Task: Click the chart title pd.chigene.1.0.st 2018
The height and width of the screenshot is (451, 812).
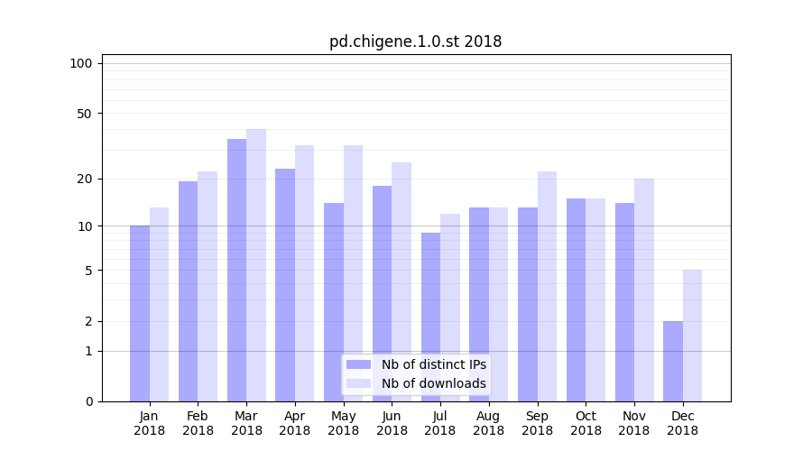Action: point(415,41)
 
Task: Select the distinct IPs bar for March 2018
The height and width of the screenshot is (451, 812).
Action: point(236,271)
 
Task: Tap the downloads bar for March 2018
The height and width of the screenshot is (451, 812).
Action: point(256,265)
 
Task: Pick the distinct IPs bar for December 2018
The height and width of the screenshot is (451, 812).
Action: point(673,361)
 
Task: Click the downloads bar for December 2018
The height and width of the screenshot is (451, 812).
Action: point(692,336)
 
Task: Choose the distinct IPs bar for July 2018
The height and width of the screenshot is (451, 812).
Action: point(430,317)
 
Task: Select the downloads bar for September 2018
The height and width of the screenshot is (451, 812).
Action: point(547,286)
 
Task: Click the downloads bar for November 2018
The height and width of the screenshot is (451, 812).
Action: point(644,290)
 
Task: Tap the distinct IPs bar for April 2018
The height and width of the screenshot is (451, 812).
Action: point(285,285)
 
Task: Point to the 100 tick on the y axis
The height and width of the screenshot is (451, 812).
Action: point(81,63)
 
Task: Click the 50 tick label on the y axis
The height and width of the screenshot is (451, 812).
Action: point(84,114)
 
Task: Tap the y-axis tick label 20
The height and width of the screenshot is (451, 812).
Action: point(84,179)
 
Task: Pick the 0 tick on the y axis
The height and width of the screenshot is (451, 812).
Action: point(88,401)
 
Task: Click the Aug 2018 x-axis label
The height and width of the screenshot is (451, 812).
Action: point(488,423)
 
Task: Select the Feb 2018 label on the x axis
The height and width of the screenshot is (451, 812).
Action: point(198,423)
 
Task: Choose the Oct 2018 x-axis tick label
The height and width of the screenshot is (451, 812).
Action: point(586,423)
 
